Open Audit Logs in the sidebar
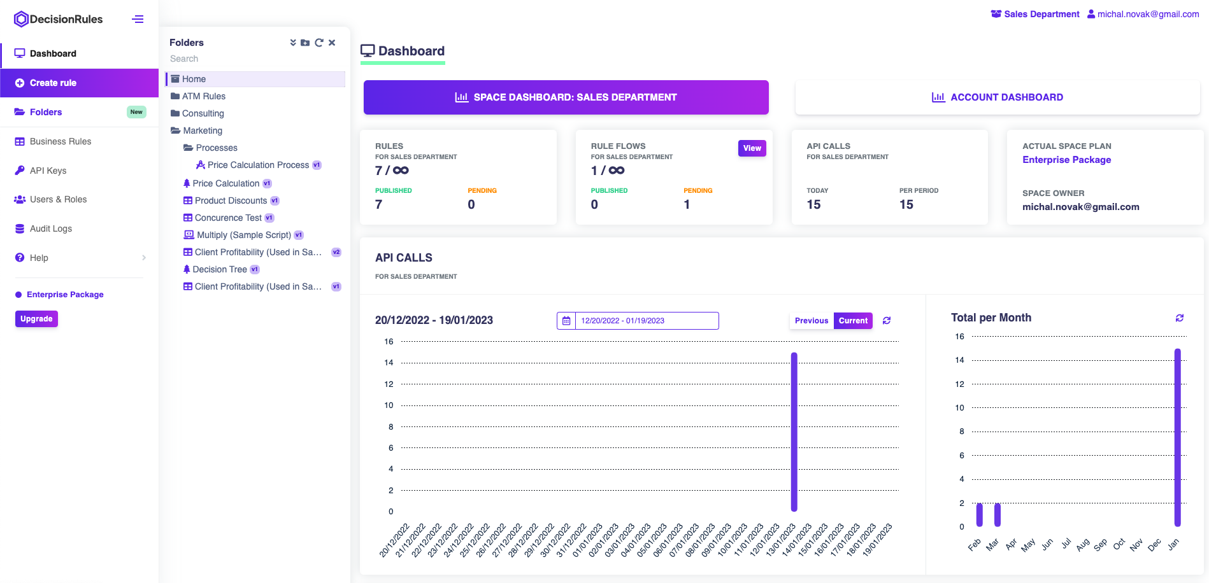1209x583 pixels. [x=50, y=228]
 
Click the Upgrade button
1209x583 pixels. [x=36, y=319]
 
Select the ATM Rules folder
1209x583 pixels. [x=203, y=96]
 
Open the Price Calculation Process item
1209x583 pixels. [x=257, y=165]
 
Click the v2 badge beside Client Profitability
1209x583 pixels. [x=336, y=252]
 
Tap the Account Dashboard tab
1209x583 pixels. [x=997, y=97]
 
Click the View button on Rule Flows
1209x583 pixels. [x=752, y=148]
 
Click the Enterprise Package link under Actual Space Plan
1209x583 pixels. [x=1066, y=160]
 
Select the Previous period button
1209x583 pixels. [x=811, y=321]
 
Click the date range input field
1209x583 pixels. [x=646, y=321]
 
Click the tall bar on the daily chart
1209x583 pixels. [x=794, y=433]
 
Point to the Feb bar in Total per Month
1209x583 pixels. [x=980, y=514]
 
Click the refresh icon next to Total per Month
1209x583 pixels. [x=1179, y=318]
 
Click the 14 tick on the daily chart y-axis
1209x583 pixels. [x=389, y=363]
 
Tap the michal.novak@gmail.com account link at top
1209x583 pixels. [x=1147, y=14]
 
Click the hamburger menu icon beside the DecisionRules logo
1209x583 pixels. [x=138, y=19]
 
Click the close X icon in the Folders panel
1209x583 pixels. [x=332, y=43]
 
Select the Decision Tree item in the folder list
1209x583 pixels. [x=219, y=269]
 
